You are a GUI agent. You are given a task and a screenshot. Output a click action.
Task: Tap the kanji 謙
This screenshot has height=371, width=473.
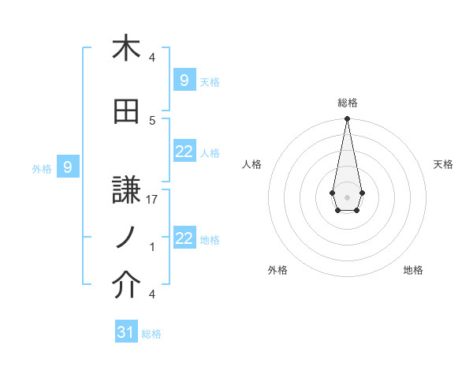[126, 189]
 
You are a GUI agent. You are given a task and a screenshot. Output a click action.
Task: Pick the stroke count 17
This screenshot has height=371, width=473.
[153, 200]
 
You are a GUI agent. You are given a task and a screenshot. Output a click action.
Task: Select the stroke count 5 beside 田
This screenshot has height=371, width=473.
[152, 121]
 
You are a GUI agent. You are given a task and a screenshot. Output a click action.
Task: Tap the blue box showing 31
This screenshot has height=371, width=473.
[126, 332]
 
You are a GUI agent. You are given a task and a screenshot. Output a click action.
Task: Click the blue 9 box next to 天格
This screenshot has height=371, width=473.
[184, 80]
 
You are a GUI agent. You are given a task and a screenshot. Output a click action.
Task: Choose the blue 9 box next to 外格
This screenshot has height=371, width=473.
[68, 167]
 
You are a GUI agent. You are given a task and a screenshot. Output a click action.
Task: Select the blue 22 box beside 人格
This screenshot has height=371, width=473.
[184, 152]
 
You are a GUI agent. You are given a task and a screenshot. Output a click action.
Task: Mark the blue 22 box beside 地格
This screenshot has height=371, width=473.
[184, 238]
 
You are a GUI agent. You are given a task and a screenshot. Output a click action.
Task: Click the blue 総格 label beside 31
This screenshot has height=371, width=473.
[151, 334]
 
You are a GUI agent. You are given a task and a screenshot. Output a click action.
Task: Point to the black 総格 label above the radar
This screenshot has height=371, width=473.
[347, 103]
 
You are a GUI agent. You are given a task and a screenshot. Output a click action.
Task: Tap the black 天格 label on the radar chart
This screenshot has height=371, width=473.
[443, 164]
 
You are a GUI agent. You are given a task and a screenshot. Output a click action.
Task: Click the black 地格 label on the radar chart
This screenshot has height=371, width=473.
[413, 270]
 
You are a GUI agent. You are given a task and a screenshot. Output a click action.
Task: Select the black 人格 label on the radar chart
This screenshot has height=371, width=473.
[252, 164]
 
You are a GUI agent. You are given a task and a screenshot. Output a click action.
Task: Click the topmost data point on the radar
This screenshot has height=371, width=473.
[347, 119]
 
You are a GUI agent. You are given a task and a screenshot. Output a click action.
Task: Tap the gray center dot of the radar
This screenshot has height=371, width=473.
[347, 196]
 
